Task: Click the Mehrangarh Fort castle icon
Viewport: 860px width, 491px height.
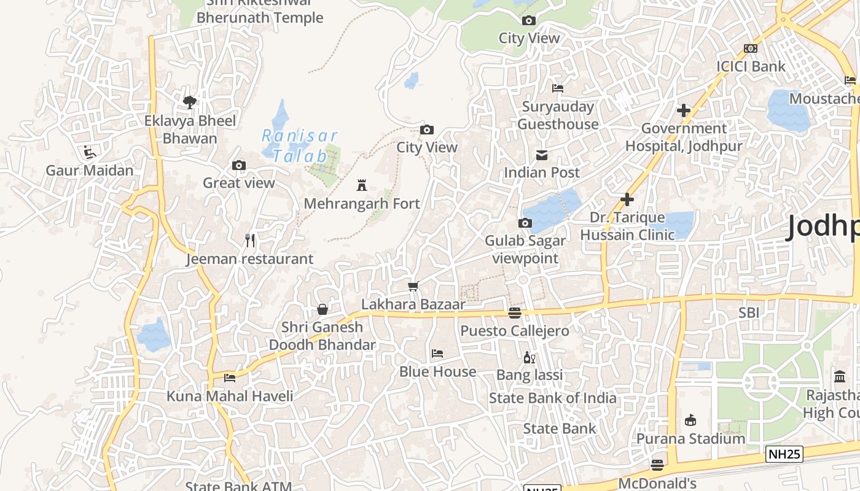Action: [362, 185]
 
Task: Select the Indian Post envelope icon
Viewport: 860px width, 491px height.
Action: [542, 155]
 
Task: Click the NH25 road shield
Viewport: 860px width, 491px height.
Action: [784, 454]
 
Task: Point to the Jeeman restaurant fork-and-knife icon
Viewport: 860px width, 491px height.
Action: [250, 241]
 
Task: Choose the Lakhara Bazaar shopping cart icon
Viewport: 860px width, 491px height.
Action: [413, 286]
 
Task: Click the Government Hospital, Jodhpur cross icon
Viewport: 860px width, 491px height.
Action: [683, 110]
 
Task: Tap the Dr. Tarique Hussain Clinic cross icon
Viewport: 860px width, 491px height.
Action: [627, 199]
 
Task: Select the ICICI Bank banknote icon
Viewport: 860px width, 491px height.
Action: [751, 48]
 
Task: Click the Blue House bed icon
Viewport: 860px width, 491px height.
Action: [437, 354]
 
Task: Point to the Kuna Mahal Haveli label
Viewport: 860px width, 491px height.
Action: [230, 396]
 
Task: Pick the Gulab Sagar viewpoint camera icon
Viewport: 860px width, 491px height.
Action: [525, 223]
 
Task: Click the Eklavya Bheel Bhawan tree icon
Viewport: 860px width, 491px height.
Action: [190, 102]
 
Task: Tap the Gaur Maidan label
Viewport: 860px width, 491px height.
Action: [90, 170]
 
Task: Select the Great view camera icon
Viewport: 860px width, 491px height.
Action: [239, 165]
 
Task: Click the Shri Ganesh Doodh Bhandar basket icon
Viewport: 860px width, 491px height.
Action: [322, 309]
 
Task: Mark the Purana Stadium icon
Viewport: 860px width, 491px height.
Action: [690, 420]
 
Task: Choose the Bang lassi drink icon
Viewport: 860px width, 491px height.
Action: [529, 357]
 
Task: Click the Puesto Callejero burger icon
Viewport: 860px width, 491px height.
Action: [515, 313]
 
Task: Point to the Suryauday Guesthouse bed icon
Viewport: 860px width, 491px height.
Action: [558, 88]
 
